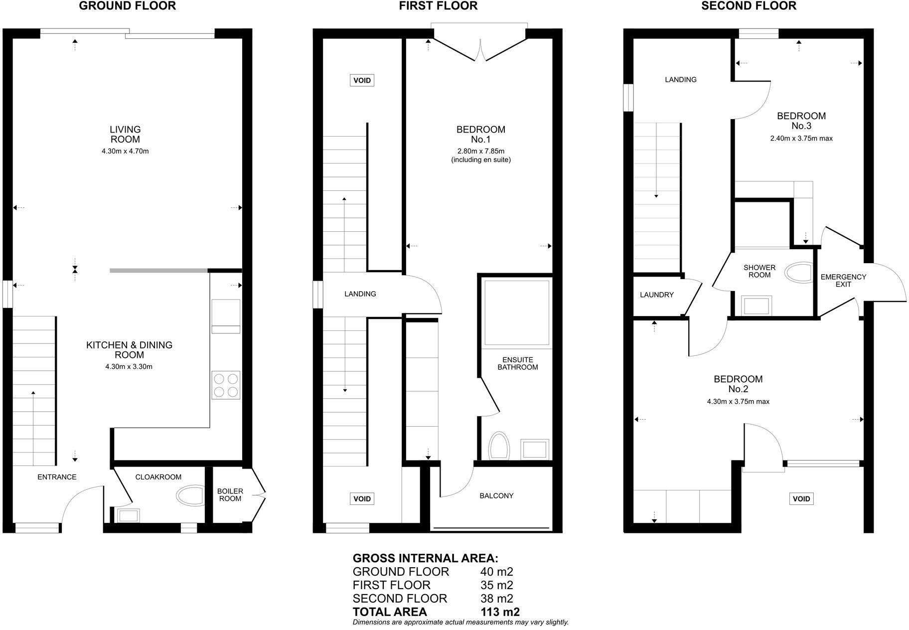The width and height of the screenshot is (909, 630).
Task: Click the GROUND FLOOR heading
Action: point(127,6)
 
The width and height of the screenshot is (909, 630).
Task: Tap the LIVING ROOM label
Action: point(125,135)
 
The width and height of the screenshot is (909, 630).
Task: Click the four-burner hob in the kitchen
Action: point(226,385)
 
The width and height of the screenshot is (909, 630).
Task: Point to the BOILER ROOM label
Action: point(230,495)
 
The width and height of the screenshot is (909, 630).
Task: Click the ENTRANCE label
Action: point(57,477)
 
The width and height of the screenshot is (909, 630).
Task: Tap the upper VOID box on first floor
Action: point(362,80)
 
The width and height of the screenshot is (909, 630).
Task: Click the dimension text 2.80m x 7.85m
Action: point(480,151)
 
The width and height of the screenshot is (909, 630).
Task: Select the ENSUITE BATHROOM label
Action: point(517,363)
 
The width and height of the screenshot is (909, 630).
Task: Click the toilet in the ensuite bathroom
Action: point(499,446)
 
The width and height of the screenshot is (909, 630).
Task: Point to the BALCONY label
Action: point(496,496)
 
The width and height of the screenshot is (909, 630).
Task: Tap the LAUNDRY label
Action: point(656,295)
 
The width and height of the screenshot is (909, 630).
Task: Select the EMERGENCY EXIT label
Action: point(843,281)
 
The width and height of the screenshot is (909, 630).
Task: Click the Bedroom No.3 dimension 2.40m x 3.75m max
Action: point(801,139)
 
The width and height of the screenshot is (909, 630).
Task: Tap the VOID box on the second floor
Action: point(801,499)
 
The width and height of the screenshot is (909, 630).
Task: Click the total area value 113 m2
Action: point(500,612)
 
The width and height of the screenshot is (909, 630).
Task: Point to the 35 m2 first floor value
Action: point(496,585)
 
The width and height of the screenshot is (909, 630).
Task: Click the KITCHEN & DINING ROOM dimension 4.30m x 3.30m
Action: point(129,367)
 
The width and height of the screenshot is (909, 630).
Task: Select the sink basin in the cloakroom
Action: point(128,515)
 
